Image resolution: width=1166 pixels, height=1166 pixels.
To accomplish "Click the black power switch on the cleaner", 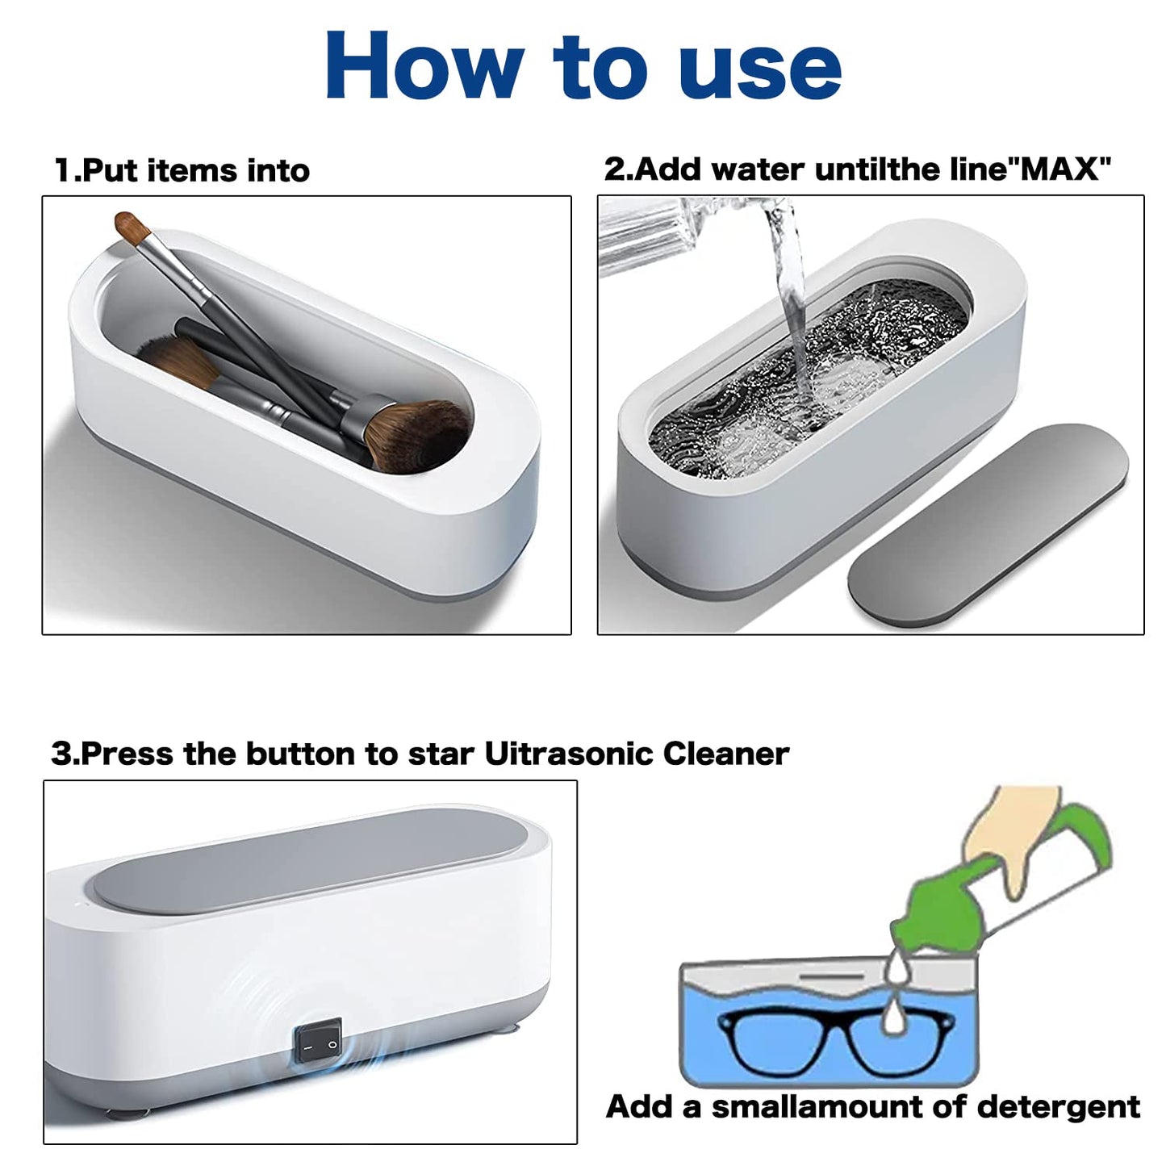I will [316, 1043].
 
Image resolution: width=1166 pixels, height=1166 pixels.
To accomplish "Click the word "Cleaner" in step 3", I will [725, 754].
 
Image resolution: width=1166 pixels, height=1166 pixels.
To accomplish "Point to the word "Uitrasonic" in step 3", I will [570, 754].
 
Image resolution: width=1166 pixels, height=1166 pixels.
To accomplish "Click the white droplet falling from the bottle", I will [892, 1018].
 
